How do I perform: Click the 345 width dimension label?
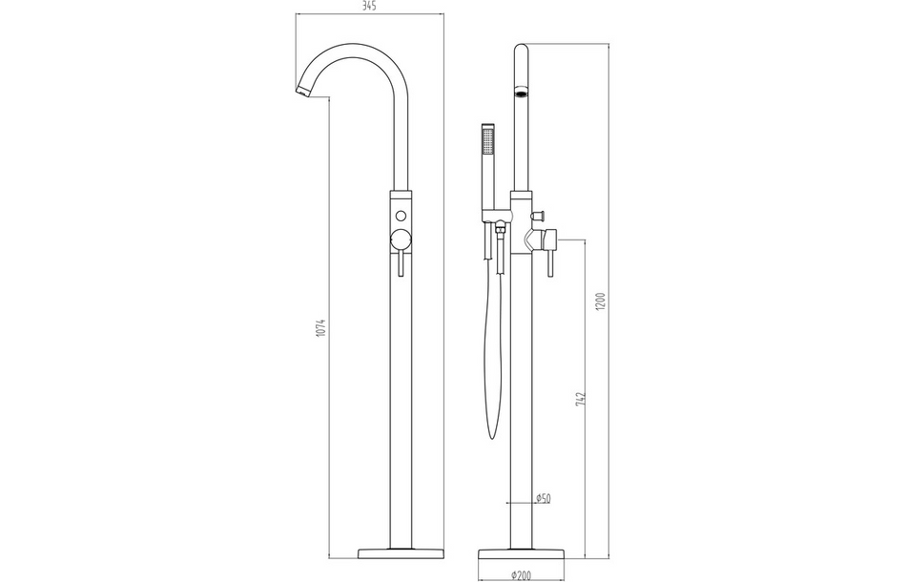[369, 8]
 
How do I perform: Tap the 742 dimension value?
[580, 398]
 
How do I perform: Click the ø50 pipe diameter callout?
[544, 498]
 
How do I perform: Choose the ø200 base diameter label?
[522, 575]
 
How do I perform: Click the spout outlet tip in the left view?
[301, 91]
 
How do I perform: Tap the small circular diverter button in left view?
[401, 214]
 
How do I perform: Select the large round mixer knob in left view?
[401, 239]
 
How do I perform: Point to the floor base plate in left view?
[401, 553]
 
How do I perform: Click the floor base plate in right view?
[521, 553]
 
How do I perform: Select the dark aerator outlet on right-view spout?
[522, 94]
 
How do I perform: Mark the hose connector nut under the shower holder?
[498, 228]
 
